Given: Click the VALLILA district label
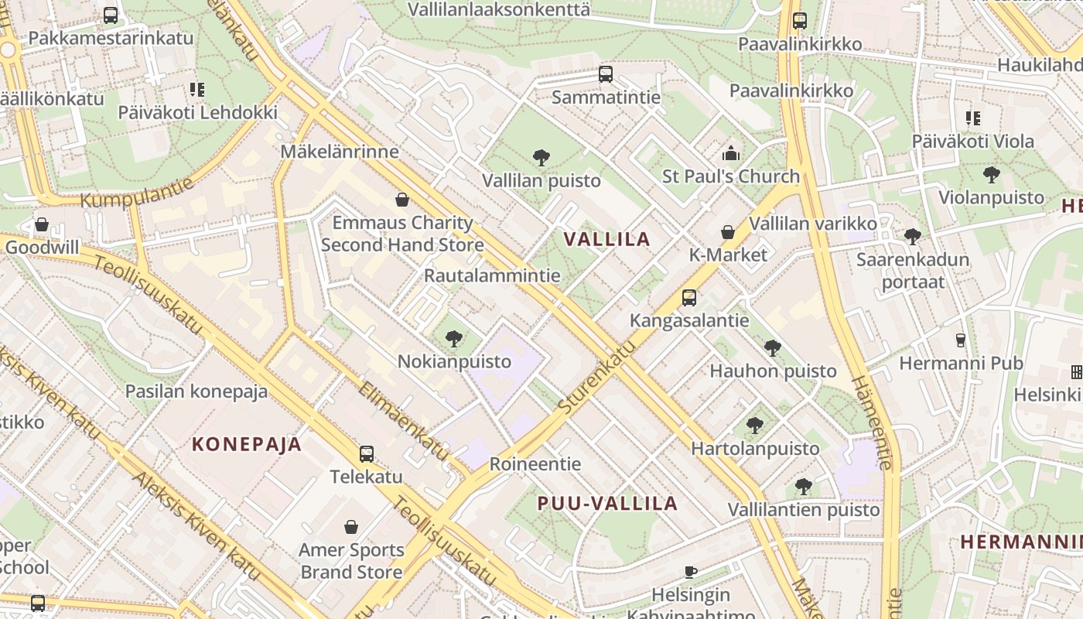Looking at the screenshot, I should click(x=607, y=238).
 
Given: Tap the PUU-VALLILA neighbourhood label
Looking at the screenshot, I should click(x=607, y=504).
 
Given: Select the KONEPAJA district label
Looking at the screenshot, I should click(x=246, y=444).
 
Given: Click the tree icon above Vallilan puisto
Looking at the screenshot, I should click(x=541, y=158).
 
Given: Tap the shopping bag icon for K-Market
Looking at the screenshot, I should click(x=727, y=232).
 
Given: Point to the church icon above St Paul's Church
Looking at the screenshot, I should click(x=730, y=153).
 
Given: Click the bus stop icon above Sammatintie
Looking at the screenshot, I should click(x=606, y=74).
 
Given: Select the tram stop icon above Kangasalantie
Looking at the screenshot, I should click(x=688, y=297).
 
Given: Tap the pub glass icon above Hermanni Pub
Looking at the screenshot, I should click(x=961, y=340).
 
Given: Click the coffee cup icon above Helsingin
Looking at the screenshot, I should click(x=691, y=572).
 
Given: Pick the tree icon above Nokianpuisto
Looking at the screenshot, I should click(x=454, y=338).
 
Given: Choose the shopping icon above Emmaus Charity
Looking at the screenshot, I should click(x=401, y=200).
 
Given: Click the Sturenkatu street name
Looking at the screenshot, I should click(x=596, y=376).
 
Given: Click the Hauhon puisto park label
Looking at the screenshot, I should click(x=773, y=371).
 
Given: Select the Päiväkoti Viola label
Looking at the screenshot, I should click(x=972, y=142).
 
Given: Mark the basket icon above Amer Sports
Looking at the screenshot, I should click(x=351, y=527).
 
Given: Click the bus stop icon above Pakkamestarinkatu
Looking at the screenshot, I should click(x=111, y=15).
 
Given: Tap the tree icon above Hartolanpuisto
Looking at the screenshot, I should click(x=754, y=425).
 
